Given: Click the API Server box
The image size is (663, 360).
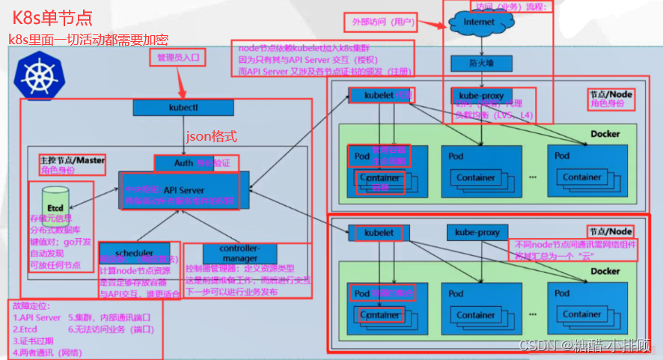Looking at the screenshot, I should pyautogui.click(x=183, y=190).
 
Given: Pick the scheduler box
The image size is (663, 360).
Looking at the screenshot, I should pyautogui.click(x=135, y=252).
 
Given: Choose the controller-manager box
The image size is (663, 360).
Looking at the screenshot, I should pyautogui.click(x=239, y=253).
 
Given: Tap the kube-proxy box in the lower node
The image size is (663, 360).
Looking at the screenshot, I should pyautogui.click(x=477, y=233).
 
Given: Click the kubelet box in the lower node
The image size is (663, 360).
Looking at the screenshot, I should pyautogui.click(x=379, y=233).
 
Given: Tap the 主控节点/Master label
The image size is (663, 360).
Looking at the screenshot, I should pyautogui.click(x=72, y=159).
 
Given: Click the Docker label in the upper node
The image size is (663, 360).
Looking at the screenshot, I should pyautogui.click(x=605, y=135).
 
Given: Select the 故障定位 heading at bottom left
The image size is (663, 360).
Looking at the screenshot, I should pyautogui.click(x=28, y=306).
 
